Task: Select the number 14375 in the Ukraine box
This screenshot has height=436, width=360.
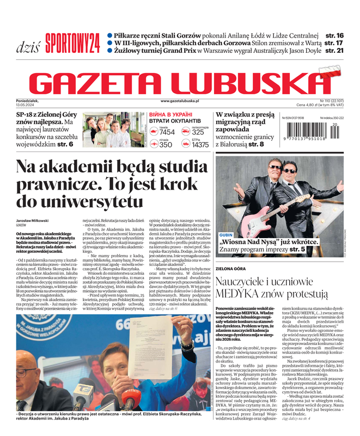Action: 200,145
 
